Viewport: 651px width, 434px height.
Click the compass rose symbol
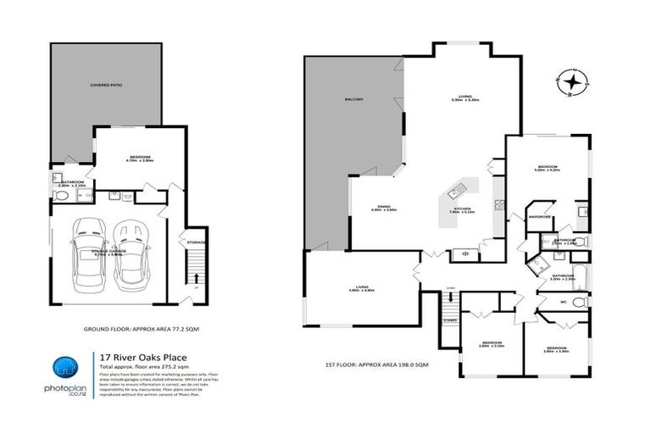tap(575, 82)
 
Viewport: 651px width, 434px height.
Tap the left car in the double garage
tap(88, 252)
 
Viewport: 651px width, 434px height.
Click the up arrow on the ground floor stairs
tap(197, 277)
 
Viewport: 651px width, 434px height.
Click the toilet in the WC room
tap(580, 302)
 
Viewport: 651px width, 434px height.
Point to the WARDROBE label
tap(539, 217)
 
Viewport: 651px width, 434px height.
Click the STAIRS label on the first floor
tap(449, 320)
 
